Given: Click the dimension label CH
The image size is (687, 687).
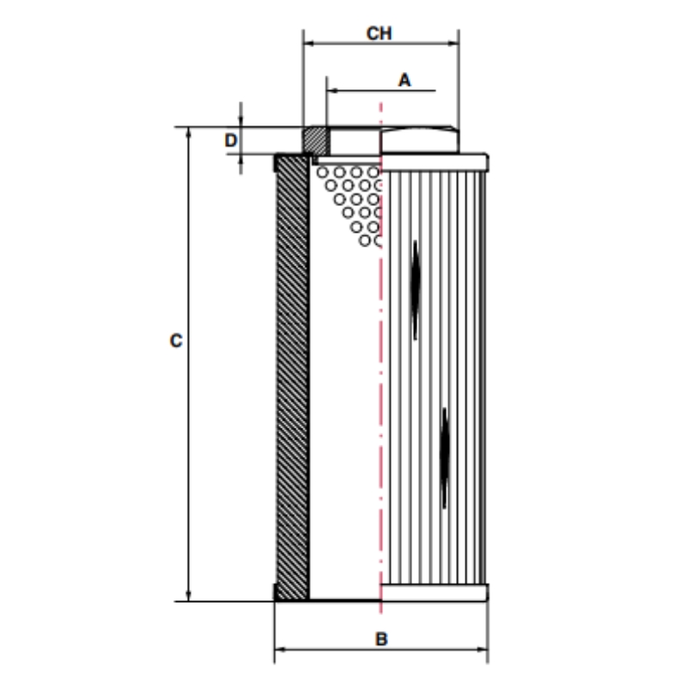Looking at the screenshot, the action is [x=379, y=33].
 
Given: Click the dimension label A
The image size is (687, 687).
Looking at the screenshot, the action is [x=404, y=80].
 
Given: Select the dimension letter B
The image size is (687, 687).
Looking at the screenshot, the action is [x=381, y=639].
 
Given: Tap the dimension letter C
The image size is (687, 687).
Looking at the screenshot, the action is [x=176, y=341].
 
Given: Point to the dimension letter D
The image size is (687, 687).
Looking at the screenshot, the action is [x=230, y=140].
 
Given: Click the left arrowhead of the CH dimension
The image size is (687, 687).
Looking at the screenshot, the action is [x=309, y=44].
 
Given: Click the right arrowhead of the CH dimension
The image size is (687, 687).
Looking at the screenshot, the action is [x=453, y=44].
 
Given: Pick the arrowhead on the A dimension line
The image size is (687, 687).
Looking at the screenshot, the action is [x=332, y=91].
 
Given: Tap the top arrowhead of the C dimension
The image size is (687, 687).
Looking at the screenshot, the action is [x=188, y=133].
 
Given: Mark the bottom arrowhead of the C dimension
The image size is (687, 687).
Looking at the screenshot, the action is [x=188, y=595].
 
